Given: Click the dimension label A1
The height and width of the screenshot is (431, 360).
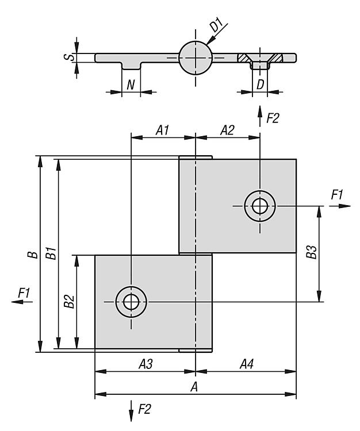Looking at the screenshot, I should pos(163,130).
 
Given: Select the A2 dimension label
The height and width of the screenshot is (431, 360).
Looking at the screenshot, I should pos(228,130).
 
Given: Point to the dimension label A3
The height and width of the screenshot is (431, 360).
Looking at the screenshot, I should pos(145,364).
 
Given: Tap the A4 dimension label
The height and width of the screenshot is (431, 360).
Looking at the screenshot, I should pos(247,364).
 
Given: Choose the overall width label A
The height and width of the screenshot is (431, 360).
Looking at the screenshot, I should pos(194,387).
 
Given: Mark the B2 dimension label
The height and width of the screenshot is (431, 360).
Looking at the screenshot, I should pos(69,301).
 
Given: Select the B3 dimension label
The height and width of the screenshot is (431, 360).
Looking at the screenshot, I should pos(311,253).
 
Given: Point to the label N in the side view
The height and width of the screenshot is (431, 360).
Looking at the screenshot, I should pos(131,84).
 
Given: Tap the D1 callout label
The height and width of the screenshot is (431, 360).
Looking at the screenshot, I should pos(216,26).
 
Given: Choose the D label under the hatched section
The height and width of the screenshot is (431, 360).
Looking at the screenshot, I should pos(261,84).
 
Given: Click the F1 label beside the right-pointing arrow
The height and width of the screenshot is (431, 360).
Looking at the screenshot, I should pos(337,195).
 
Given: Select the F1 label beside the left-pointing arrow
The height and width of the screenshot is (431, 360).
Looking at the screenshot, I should pos(24,293).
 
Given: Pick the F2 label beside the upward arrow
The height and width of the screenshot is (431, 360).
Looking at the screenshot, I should pos(273,118).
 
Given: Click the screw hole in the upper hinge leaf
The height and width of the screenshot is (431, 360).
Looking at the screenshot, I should pos(259,205).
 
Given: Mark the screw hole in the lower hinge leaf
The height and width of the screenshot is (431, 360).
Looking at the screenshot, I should pos(131,301).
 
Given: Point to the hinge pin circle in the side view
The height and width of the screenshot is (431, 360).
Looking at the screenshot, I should pos(196,57).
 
